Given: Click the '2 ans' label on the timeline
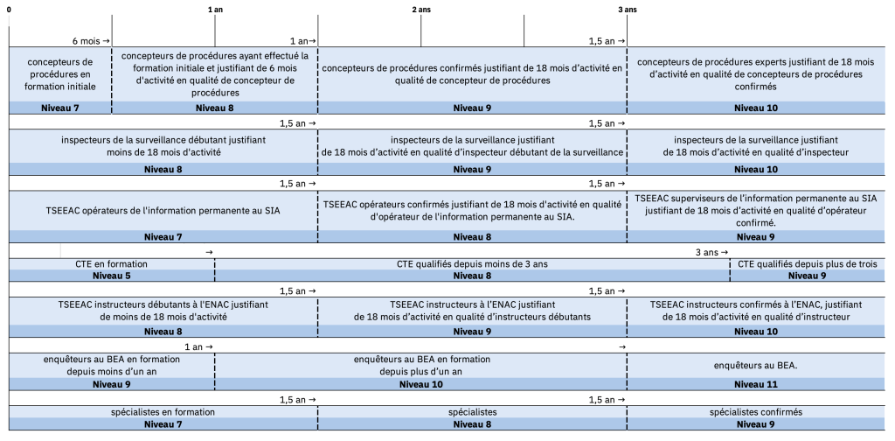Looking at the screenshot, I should tap(420, 9).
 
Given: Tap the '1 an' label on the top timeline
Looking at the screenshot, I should tap(216, 9).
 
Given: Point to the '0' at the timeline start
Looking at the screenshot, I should tap(10, 9).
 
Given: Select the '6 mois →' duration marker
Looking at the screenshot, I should tap(91, 41).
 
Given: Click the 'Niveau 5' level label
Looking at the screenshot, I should tap(111, 275).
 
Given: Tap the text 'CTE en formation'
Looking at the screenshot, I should tap(111, 263).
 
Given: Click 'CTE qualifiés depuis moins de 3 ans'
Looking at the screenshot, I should tap(471, 263).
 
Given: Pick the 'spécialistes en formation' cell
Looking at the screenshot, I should tap(163, 412).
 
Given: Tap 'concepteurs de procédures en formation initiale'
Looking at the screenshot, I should tap(60, 74).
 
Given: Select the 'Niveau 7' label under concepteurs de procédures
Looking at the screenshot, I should tap(60, 108).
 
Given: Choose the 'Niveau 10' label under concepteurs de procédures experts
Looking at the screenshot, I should tap(755, 108).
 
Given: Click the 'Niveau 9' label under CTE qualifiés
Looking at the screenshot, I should tap(811, 275).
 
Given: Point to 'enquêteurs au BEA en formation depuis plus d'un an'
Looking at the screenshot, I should tap(420, 365).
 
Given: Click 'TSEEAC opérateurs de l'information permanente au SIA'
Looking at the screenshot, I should tap(163, 211).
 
